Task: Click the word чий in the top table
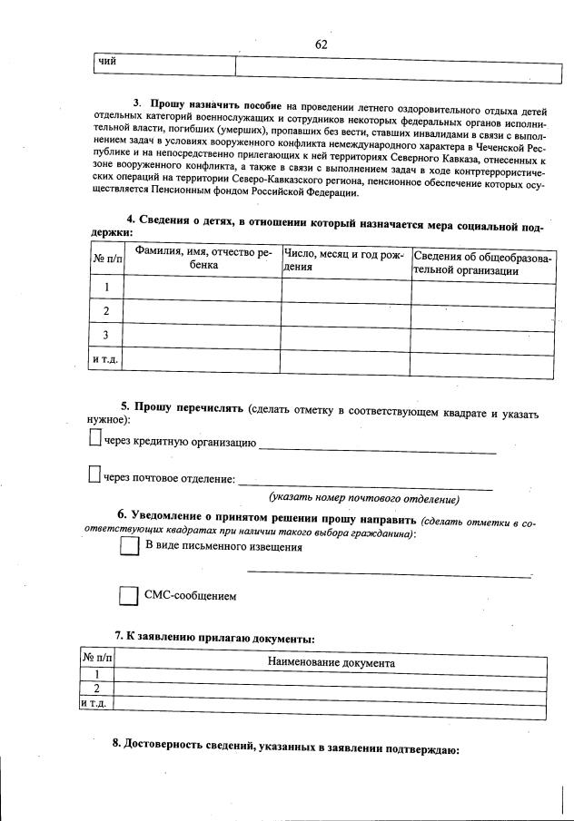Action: click(108, 62)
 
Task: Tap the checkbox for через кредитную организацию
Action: click(95, 439)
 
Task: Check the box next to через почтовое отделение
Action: click(94, 474)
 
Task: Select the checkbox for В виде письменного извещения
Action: click(128, 547)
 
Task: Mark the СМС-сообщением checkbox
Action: click(128, 596)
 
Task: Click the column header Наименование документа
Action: click(331, 662)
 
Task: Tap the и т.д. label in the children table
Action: click(106, 360)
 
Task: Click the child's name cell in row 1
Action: click(203, 288)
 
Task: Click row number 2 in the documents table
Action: click(96, 689)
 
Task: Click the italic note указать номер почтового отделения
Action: click(363, 499)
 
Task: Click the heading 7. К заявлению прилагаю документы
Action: click(214, 639)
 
